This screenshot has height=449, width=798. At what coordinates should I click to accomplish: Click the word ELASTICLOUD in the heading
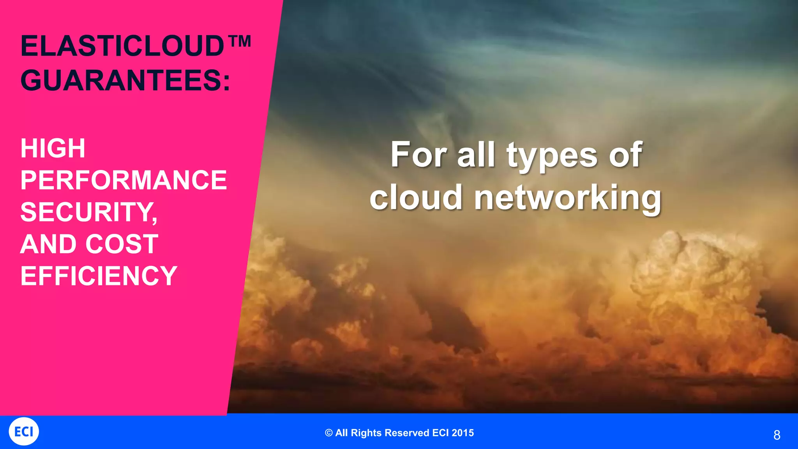(122, 46)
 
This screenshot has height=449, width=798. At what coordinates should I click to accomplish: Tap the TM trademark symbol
(238, 41)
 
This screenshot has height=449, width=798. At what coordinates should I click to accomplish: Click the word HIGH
(53, 148)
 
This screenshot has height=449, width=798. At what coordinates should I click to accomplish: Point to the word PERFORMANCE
(123, 180)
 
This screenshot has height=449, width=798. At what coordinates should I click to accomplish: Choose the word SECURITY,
(89, 212)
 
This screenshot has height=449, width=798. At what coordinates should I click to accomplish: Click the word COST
(122, 244)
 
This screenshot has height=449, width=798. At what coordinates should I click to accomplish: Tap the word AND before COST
(48, 244)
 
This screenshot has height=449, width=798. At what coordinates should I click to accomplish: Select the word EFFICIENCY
(99, 276)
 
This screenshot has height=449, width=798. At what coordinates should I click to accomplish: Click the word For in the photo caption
(418, 155)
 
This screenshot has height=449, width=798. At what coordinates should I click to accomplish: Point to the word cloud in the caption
(416, 197)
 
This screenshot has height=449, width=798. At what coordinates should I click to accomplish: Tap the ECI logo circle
(24, 431)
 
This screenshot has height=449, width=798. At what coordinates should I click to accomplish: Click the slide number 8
(777, 435)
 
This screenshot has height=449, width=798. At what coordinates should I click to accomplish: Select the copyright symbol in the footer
(329, 433)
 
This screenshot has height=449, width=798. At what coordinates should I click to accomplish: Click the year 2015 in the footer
(463, 433)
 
